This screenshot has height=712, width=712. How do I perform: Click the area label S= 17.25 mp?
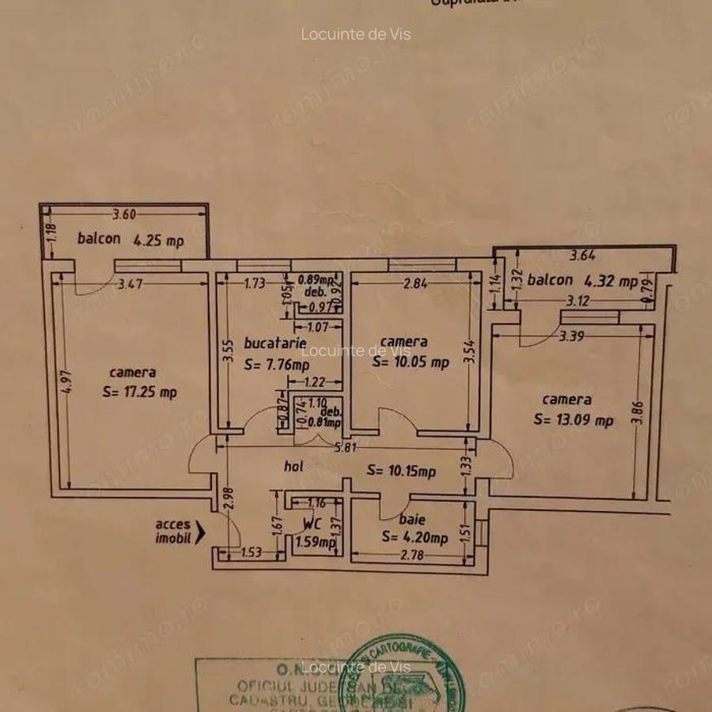[x=139, y=392]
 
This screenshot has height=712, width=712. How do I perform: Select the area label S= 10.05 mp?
[x=411, y=362]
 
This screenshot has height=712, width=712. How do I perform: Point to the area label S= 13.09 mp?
[x=574, y=420]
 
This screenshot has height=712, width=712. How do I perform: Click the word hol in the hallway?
[x=294, y=468]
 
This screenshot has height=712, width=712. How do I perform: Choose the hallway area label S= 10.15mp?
[x=401, y=472]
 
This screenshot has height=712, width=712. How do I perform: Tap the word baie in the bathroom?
[x=412, y=520]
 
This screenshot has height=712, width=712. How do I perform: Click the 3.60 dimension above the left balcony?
[x=125, y=213]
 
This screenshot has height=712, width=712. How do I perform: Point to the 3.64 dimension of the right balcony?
[x=582, y=256]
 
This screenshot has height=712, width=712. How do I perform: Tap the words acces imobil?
[x=172, y=531]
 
